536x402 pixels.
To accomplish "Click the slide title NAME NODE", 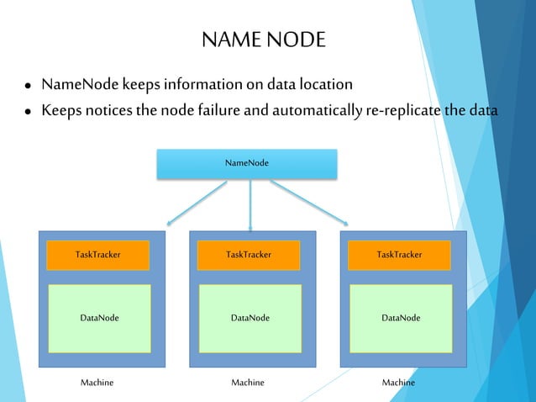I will [x=263, y=40].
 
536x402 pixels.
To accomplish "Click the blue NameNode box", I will [x=247, y=163].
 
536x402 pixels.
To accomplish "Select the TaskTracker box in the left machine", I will [x=97, y=254].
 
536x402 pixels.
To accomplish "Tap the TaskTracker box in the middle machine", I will [x=249, y=254].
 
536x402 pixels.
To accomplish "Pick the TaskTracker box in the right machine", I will [x=399, y=254].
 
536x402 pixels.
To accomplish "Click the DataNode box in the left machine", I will [x=99, y=318].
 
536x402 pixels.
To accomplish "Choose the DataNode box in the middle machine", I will [x=250, y=318].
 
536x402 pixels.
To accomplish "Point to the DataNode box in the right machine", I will [x=401, y=318].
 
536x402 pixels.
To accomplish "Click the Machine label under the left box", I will [x=97, y=383].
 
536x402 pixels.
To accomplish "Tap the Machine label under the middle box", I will [x=248, y=383].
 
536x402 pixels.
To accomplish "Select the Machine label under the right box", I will [x=398, y=383].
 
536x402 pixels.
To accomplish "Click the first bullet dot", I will [x=29, y=87].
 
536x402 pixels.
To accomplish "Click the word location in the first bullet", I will [x=323, y=85].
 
